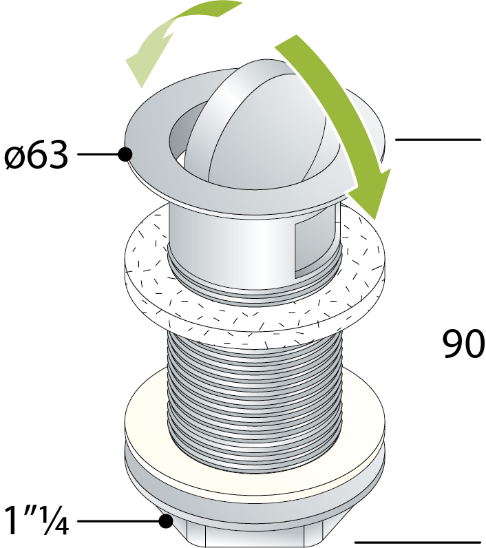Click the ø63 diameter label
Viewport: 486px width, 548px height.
[x=36, y=156]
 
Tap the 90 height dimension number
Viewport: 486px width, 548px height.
[x=464, y=344]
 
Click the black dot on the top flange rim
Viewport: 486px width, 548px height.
[x=125, y=154]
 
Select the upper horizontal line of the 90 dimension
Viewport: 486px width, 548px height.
[x=438, y=140]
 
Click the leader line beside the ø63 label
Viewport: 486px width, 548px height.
[x=98, y=154]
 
